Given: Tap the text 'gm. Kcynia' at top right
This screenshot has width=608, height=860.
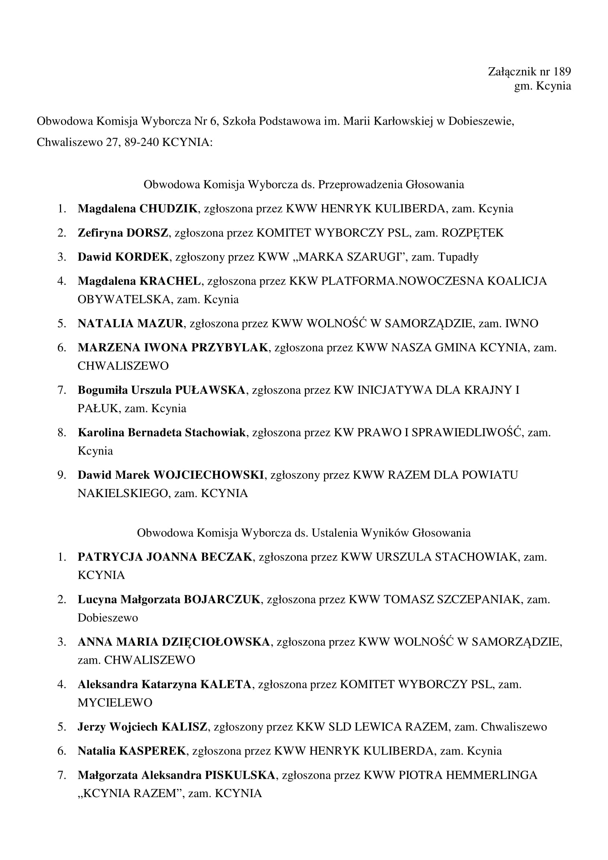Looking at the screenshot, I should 543,86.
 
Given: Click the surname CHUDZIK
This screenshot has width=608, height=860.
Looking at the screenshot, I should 168,208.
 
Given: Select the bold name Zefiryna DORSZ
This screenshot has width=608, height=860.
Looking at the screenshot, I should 123,233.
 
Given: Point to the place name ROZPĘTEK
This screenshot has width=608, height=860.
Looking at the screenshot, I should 472,233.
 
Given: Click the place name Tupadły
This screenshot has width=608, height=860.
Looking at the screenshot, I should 458,257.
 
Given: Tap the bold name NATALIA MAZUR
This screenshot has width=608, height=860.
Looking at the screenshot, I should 130,323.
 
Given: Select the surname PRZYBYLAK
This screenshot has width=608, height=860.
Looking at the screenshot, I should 230,347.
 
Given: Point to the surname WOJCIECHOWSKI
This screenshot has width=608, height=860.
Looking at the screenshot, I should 209,475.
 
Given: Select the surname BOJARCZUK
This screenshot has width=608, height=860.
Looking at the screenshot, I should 222,599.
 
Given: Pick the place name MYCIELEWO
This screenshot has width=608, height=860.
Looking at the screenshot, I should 115,702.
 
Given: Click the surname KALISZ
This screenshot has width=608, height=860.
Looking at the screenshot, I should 184,727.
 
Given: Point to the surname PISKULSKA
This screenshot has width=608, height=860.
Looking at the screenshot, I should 240,775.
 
